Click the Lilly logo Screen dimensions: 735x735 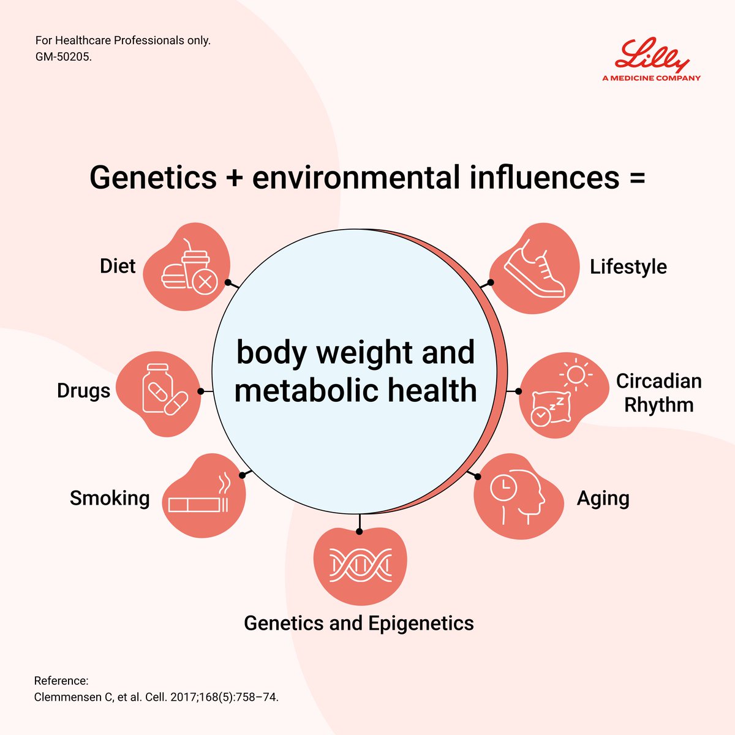coord(651,56)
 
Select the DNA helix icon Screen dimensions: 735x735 coord(360,565)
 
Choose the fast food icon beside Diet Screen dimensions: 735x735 coord(189,269)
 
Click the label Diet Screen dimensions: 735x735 coord(118,266)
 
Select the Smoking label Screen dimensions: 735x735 coord(110,498)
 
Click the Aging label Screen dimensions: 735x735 coord(603,499)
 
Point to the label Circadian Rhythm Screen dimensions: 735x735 coord(658,393)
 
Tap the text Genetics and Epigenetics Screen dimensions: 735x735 coord(359,623)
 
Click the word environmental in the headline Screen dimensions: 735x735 coord(356,178)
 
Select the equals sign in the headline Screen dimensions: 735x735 coord(636,178)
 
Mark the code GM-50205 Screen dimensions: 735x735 coord(64,57)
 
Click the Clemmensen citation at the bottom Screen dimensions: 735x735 coord(156,697)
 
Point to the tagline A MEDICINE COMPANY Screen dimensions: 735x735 coord(651,78)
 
